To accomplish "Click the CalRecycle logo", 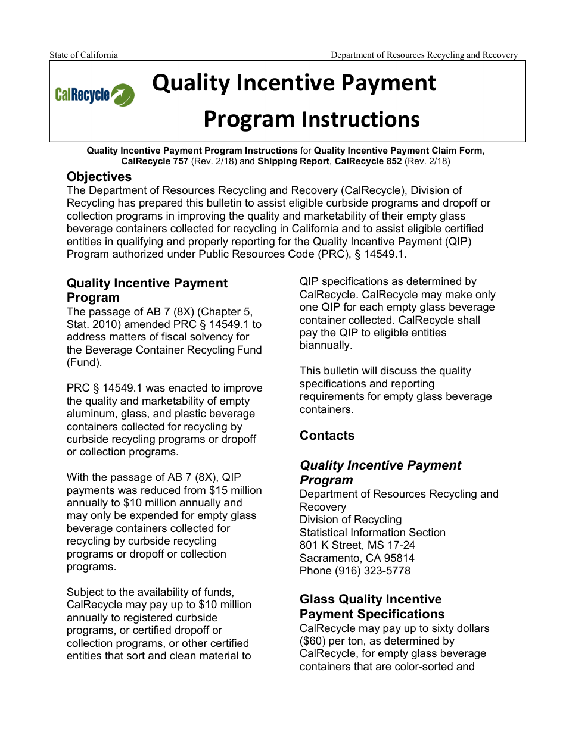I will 94,95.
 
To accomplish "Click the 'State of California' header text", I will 83,55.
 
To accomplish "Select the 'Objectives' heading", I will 99,177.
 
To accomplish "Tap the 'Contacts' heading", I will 326,436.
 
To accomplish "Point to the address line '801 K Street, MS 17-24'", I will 357,545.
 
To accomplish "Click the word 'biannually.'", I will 325,345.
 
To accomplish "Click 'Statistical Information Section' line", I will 372,533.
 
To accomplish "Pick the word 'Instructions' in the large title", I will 360,120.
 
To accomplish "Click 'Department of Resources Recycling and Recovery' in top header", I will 424,55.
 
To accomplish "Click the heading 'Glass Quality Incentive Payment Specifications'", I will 371,606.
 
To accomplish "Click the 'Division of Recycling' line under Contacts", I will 350,520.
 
